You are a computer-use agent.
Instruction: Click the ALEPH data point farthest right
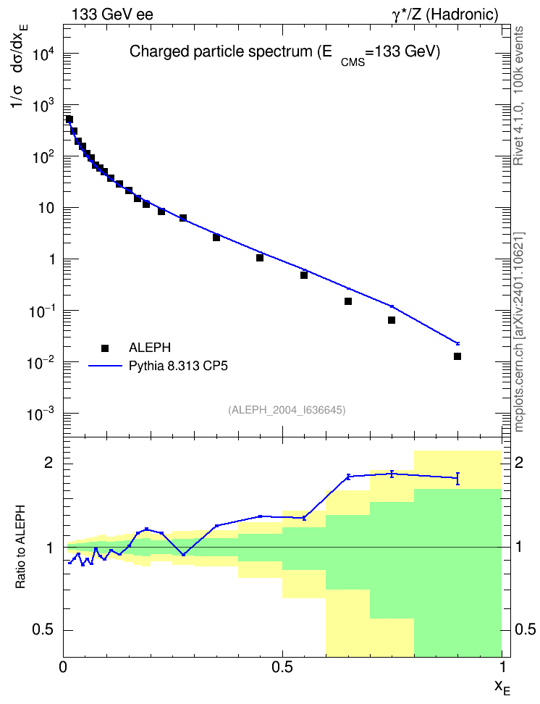point(457,356)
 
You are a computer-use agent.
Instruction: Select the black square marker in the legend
point(105,348)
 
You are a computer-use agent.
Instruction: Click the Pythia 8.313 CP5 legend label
point(178,366)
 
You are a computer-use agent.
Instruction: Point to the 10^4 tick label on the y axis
point(44,55)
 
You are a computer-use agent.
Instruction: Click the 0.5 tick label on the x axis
point(282,667)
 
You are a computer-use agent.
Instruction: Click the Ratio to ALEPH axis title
point(20,547)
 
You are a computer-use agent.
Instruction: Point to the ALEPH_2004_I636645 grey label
point(287,410)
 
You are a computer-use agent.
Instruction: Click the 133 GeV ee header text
point(113,14)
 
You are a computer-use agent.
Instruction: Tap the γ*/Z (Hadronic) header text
point(445,14)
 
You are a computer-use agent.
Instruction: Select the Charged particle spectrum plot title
point(284,54)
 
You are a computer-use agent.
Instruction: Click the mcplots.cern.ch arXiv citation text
point(519,332)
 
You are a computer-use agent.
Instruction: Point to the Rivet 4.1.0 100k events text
point(518,96)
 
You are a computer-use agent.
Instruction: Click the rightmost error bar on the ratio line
point(457,479)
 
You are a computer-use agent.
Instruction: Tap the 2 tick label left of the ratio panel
point(48,463)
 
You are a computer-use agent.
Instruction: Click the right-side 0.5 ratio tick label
point(525,629)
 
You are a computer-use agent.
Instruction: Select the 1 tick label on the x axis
point(502,667)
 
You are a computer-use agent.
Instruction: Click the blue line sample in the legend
point(105,366)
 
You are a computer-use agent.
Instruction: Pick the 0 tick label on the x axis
point(63,667)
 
